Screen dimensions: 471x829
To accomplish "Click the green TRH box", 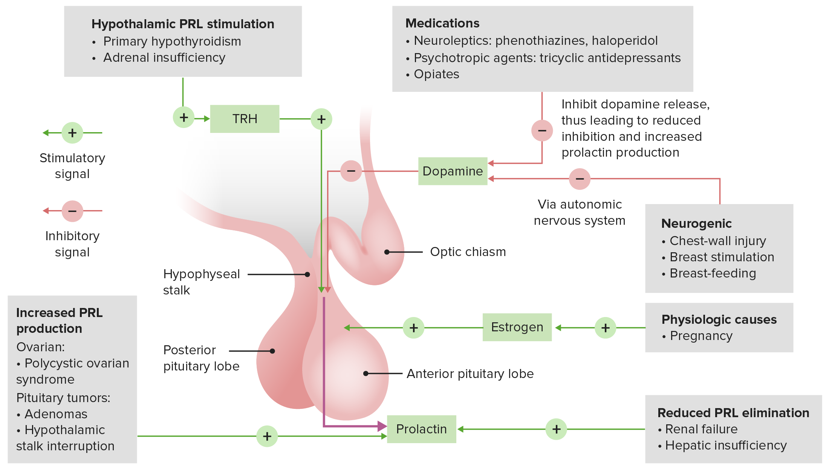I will coord(245,119).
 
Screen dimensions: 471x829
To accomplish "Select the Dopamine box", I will coord(453,171).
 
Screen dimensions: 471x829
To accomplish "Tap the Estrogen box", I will coord(517,327).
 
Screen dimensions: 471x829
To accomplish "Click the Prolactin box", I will coord(421,429).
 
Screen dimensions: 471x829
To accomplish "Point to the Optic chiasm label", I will coord(468,252).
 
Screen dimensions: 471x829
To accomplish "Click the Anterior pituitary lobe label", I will coord(470,374).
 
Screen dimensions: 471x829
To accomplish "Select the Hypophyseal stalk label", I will coord(201,282).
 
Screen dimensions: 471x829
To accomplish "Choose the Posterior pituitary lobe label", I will coord(201,358).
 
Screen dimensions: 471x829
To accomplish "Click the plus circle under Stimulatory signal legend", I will coord(72,133).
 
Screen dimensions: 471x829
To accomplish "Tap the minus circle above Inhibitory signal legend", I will coord(72,211).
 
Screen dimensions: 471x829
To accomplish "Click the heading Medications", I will coord(442,23).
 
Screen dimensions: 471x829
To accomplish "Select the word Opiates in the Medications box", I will coord(436,74).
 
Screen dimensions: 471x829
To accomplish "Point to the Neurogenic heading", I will coord(696,224).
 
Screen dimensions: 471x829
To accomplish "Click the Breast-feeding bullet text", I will coord(713,273).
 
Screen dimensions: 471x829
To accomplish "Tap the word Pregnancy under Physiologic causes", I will coord(701,336).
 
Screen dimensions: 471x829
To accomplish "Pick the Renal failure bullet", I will coord(701,429).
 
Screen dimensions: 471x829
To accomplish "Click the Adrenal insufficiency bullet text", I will coord(164,58).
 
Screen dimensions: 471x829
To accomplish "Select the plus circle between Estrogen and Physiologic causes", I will coord(605,328).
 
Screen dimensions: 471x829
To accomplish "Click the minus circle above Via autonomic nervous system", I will coord(580,179).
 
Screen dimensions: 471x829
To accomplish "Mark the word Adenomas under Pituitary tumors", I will coord(56,414).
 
